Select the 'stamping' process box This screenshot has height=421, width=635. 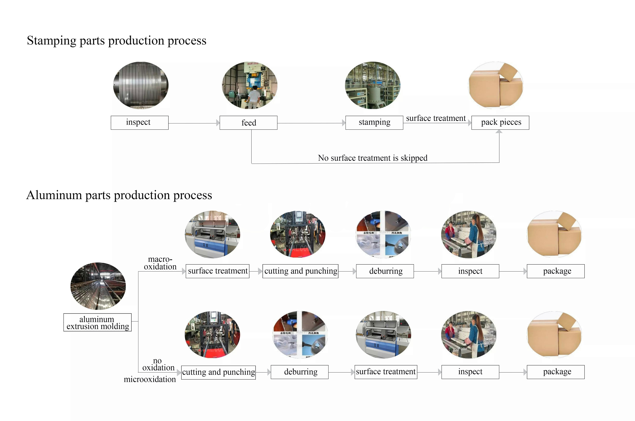tap(374, 123)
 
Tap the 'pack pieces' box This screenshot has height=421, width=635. tap(500, 123)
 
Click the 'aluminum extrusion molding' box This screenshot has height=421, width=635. tap(97, 323)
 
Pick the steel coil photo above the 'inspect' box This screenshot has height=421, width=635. tap(141, 85)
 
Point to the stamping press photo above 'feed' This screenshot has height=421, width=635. tap(250, 85)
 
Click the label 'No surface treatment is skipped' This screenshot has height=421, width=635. tap(373, 158)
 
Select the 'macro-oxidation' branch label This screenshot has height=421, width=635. tap(160, 263)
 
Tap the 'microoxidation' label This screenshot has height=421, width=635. tap(150, 379)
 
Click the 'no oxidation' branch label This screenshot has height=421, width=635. tap(158, 364)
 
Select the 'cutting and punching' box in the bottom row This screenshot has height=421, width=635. tap(218, 372)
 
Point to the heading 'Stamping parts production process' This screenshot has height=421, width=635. tap(117, 40)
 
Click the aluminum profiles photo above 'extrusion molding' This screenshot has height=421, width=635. tap(98, 286)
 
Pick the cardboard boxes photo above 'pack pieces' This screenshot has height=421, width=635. tap(496, 85)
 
